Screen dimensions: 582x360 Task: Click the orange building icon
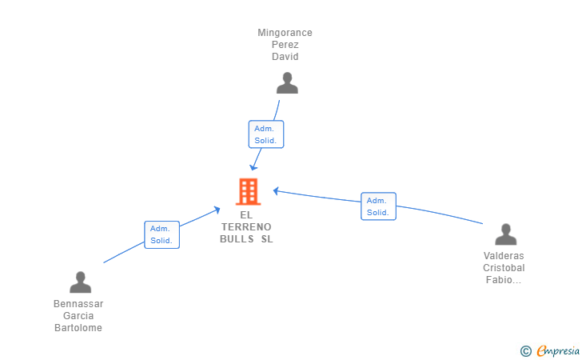point(249,192)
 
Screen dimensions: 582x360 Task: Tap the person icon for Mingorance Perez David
point(287,83)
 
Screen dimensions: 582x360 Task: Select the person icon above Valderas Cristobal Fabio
point(505,234)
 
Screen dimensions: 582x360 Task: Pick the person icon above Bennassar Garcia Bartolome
point(80,282)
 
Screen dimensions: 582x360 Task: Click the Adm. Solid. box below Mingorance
point(266,134)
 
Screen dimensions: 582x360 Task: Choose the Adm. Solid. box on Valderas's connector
point(378,206)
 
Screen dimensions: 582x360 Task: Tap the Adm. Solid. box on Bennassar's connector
point(161,234)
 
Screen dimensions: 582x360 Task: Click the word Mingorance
point(285,33)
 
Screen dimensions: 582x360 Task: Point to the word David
point(285,57)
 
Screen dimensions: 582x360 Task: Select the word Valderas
point(504,256)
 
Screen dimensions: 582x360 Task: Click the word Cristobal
point(504,267)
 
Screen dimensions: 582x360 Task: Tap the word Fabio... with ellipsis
point(504,279)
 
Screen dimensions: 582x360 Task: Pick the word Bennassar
point(78,303)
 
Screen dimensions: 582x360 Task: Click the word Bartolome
point(78,328)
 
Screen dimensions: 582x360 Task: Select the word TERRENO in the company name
point(246,226)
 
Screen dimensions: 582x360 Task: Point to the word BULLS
point(237,239)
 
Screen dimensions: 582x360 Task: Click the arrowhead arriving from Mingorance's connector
point(254,167)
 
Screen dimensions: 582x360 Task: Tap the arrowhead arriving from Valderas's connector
point(277,191)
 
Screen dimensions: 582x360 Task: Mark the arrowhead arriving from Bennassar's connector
point(217,210)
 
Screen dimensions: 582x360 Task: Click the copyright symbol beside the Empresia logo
point(525,351)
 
